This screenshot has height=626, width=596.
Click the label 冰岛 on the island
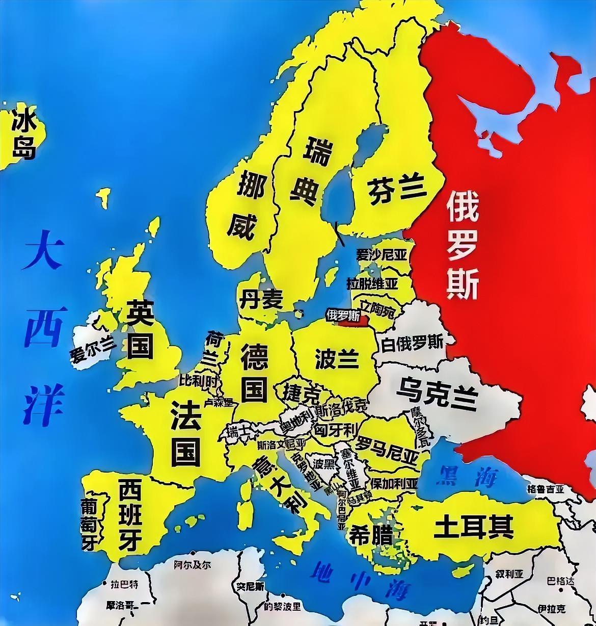click(24, 136)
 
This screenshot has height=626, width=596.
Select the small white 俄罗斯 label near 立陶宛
click(342, 315)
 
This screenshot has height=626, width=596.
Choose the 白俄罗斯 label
click(412, 343)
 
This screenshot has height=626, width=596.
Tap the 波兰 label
click(336, 358)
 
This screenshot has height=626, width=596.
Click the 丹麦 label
click(260, 299)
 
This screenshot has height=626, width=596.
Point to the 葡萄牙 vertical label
click(90, 524)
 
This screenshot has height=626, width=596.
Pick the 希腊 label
click(370, 535)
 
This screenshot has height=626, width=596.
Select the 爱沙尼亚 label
click(382, 254)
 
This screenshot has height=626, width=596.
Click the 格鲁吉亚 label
click(546, 489)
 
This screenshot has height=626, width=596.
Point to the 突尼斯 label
click(250, 587)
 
